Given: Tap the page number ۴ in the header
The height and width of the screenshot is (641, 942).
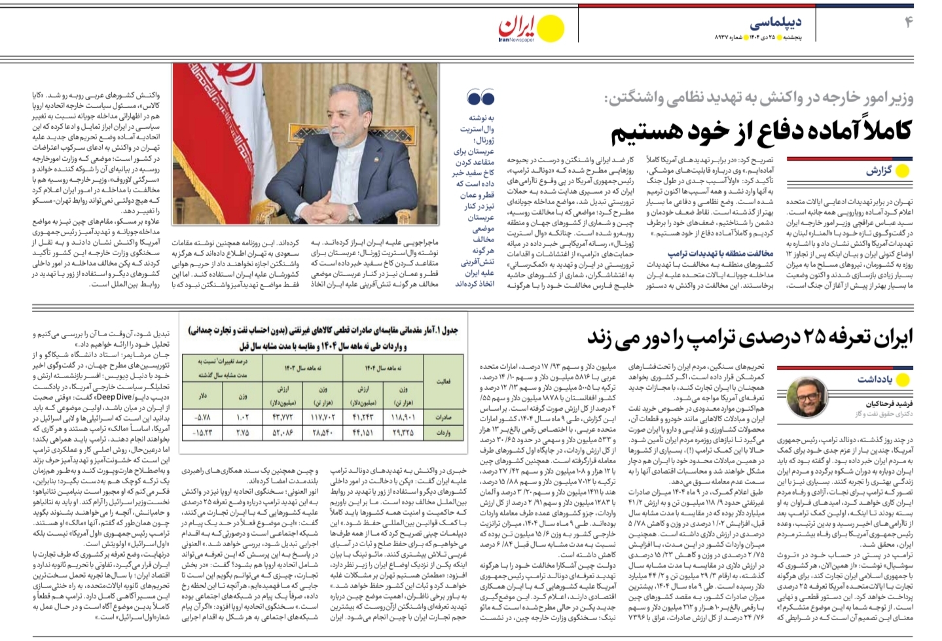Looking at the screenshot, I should click(x=908, y=22).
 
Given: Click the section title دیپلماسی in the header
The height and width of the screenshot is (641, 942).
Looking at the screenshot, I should click(x=776, y=24).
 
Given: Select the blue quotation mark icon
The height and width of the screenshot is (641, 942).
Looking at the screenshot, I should click(x=480, y=99).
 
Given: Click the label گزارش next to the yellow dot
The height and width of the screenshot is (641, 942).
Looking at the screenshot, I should click(x=879, y=171).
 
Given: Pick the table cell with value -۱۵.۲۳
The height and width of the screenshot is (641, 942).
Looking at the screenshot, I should click(x=204, y=433).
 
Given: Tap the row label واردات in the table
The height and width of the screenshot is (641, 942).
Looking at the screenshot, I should click(x=443, y=433).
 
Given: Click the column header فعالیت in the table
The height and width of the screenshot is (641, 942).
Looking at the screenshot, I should click(x=443, y=381).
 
